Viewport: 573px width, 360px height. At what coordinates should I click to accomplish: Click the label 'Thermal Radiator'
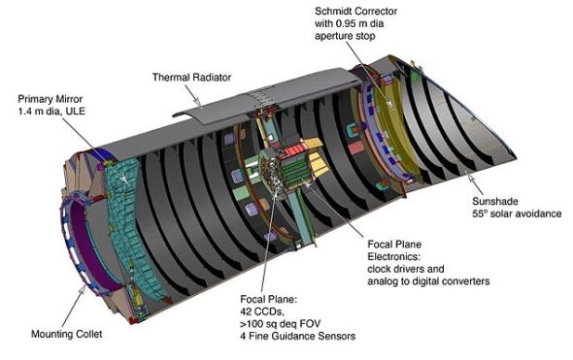pyautogui.click(x=191, y=78)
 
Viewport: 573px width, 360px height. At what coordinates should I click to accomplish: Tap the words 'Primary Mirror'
pyautogui.click(x=51, y=99)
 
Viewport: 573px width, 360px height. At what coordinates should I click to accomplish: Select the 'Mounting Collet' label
pyautogui.click(x=66, y=334)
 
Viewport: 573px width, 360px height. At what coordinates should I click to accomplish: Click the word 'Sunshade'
pyautogui.click(x=495, y=201)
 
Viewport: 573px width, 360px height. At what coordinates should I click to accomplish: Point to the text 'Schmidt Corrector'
pyautogui.click(x=355, y=12)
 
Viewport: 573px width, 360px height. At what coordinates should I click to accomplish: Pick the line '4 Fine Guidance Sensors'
pyautogui.click(x=297, y=336)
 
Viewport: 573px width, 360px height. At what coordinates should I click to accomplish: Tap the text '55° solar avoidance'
pyautogui.click(x=517, y=213)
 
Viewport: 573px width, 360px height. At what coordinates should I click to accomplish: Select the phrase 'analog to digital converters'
pyautogui.click(x=428, y=281)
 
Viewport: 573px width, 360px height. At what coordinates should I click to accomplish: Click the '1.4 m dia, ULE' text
pyautogui.click(x=51, y=111)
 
